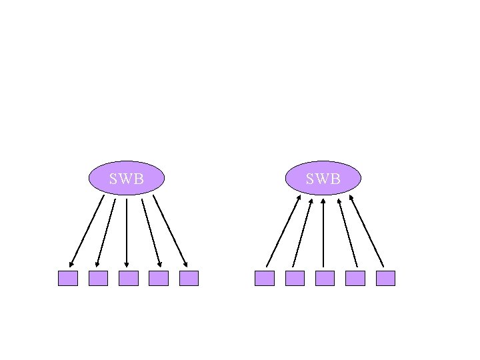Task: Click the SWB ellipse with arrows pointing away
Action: [127, 178]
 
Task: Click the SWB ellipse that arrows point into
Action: [323, 178]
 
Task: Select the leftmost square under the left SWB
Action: [68, 278]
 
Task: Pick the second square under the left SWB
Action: [98, 278]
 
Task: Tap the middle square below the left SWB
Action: [128, 278]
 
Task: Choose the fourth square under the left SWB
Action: [159, 278]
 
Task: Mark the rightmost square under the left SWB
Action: [189, 278]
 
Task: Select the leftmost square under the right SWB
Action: [265, 278]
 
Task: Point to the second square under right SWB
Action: [295, 278]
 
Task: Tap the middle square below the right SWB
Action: [325, 278]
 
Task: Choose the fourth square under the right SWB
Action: [355, 278]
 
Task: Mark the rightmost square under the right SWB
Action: [385, 278]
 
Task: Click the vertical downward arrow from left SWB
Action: [127, 233]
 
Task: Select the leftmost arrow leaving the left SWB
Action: [87, 231]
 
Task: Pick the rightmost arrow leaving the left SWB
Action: [170, 231]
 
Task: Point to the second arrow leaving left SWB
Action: [106, 233]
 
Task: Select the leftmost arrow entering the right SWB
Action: [283, 231]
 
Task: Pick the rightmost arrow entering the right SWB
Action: [367, 231]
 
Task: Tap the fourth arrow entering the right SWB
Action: [348, 232]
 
